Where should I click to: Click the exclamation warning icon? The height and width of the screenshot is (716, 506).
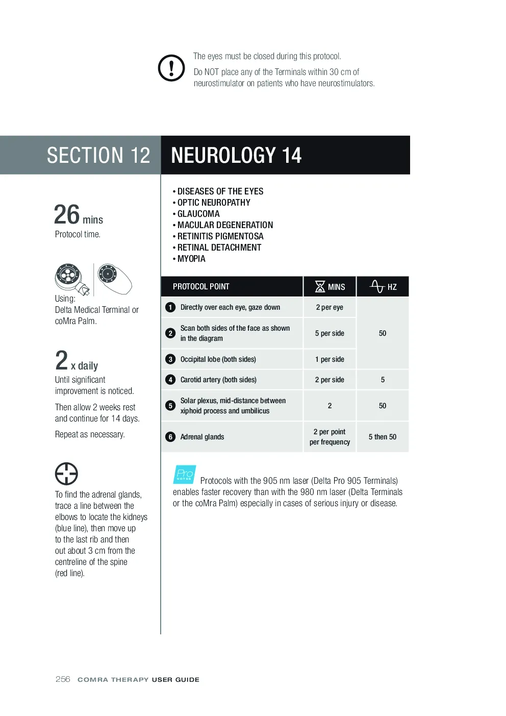click(171, 68)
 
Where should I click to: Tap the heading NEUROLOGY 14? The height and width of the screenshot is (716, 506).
click(236, 155)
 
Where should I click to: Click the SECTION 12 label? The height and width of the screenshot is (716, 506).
click(98, 155)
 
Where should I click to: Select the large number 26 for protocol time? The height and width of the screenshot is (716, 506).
click(66, 214)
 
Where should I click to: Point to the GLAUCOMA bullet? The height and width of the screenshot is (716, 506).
click(196, 213)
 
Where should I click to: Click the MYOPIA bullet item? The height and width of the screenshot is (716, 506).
click(189, 259)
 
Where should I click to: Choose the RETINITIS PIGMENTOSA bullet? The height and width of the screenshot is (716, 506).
click(218, 236)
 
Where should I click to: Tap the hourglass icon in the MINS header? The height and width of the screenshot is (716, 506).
click(320, 286)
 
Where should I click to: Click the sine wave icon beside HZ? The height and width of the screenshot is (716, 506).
click(377, 286)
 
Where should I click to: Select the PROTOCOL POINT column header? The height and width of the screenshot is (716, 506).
click(201, 286)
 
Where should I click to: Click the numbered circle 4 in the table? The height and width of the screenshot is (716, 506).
click(170, 380)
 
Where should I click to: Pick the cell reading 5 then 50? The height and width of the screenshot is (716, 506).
click(383, 437)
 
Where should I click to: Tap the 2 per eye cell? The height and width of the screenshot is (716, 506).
click(330, 307)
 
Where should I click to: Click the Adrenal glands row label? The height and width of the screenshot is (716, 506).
click(202, 437)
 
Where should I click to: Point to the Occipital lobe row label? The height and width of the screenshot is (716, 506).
click(218, 359)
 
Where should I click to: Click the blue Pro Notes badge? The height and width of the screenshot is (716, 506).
click(184, 474)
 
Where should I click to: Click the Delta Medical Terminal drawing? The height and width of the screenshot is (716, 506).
click(72, 279)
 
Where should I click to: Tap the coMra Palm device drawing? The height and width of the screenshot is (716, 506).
click(115, 279)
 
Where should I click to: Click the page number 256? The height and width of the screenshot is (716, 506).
click(63, 679)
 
